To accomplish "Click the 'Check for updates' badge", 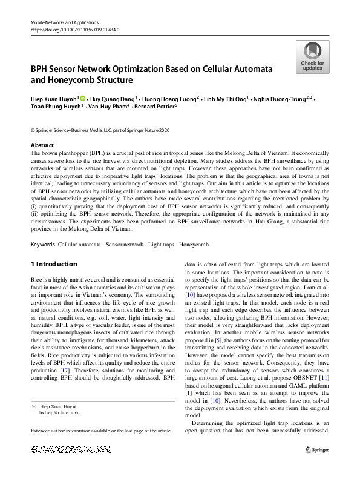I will tap(312, 57).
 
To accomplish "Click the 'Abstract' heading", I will tap(42, 145).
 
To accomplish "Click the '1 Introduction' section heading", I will tap(54, 265).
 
